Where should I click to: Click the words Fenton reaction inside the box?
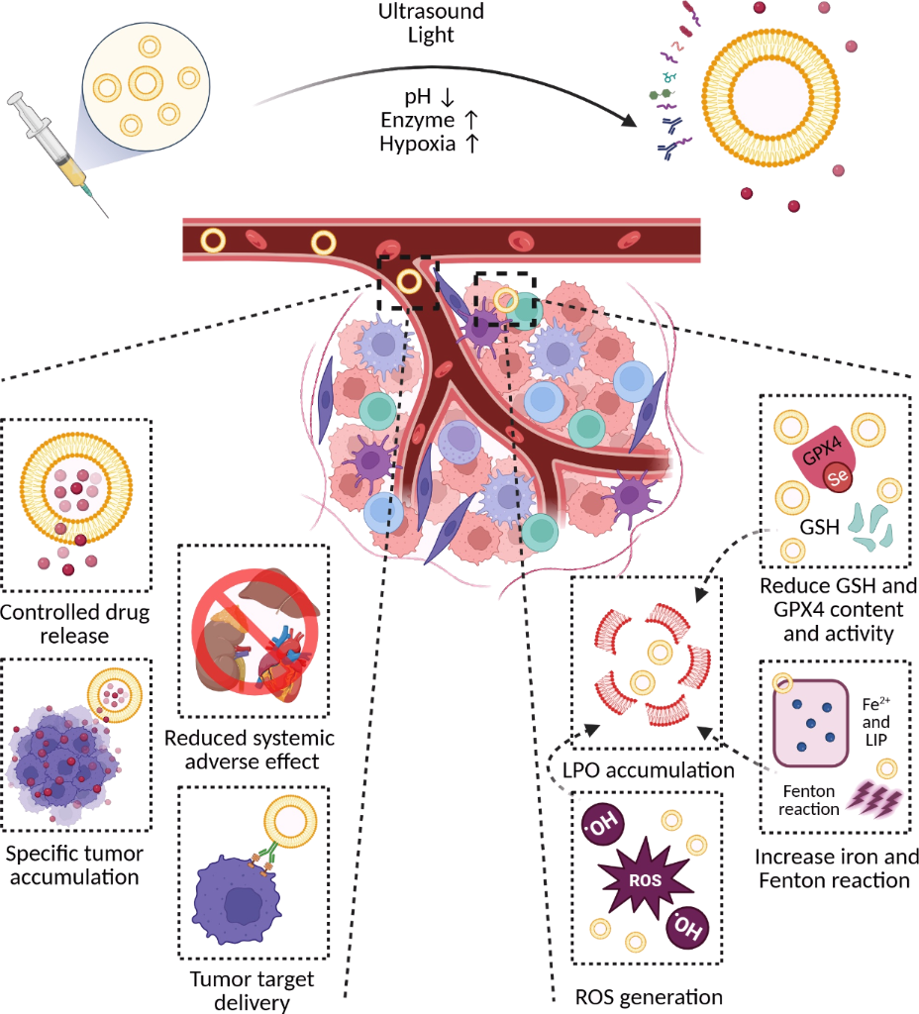pos(810,800)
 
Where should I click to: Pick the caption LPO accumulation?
pos(649,768)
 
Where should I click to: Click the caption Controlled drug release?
pos(75,622)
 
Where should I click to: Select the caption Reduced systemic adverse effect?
pos(250,750)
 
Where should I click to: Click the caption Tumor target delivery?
pos(251,990)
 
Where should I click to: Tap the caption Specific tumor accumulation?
pos(75,862)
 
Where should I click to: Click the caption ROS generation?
pos(650,996)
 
